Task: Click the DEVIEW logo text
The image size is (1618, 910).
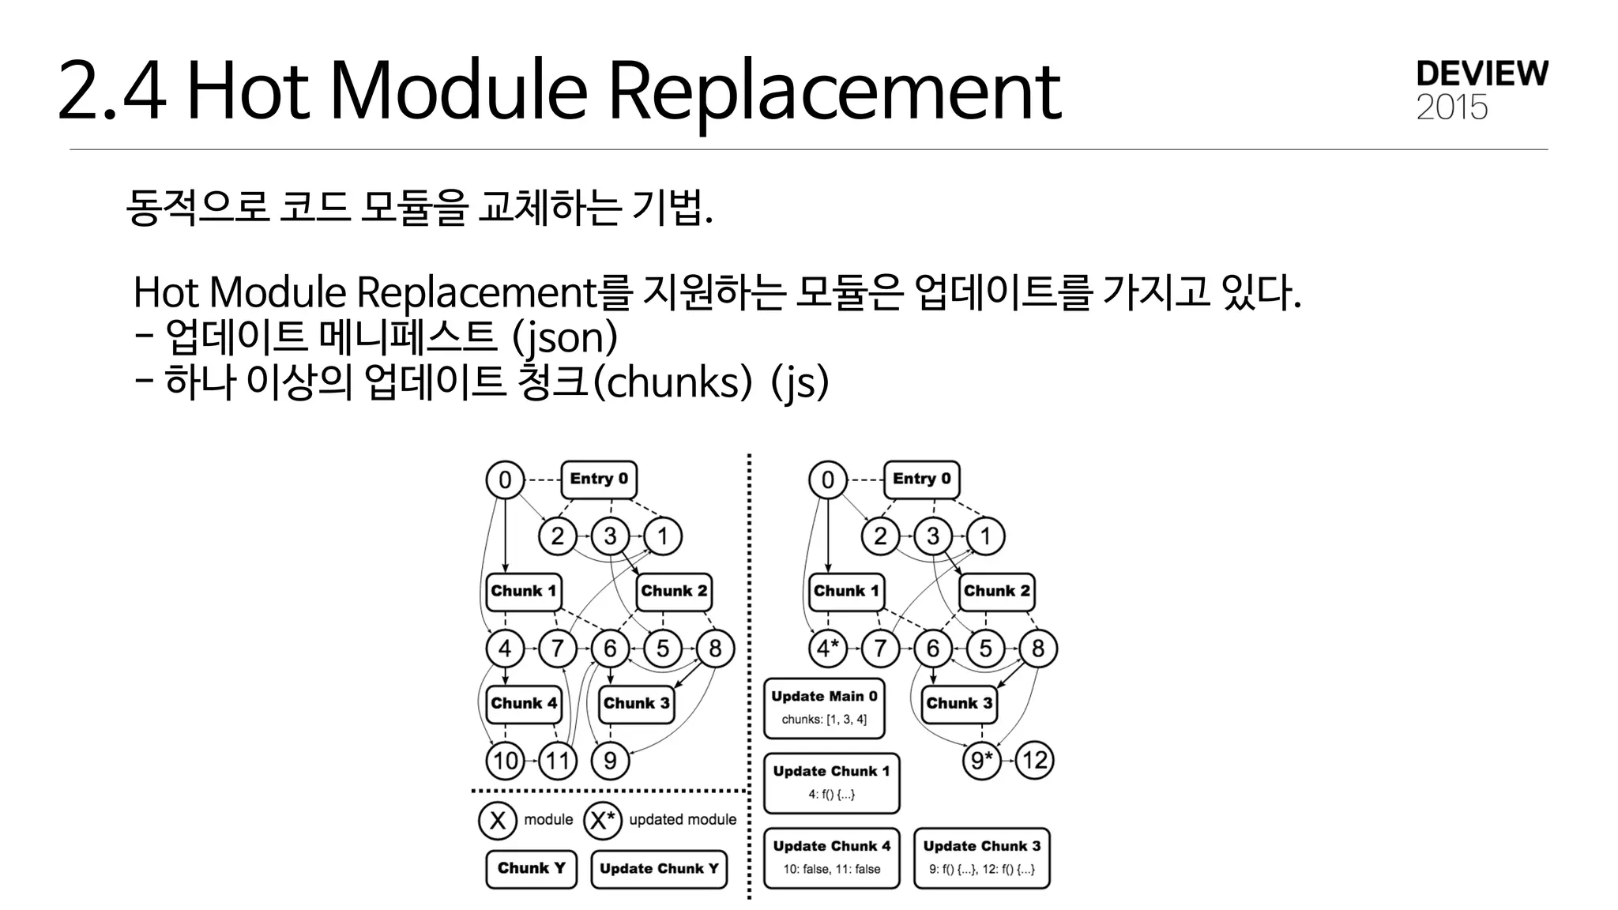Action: [1482, 73]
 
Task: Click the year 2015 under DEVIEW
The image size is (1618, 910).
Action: [1452, 108]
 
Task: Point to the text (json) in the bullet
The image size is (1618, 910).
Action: [564, 337]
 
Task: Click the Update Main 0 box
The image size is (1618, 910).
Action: [824, 708]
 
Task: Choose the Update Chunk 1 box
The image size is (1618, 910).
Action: [831, 783]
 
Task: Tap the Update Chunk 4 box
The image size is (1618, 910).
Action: [831, 858]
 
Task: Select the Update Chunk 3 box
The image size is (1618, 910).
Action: [981, 858]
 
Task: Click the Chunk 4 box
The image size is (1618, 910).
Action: [524, 703]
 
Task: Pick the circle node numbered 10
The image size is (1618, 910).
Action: [506, 761]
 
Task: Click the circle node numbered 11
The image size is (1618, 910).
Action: [558, 761]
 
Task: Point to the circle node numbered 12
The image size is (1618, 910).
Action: [1035, 761]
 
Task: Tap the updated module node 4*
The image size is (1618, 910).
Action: [827, 649]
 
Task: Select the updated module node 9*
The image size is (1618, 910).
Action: [981, 761]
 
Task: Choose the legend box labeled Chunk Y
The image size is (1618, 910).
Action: [531, 868]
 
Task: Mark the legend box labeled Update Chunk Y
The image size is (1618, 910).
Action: [659, 869]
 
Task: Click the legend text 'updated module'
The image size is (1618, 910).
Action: [683, 820]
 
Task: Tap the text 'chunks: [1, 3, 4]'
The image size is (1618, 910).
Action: [824, 720]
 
